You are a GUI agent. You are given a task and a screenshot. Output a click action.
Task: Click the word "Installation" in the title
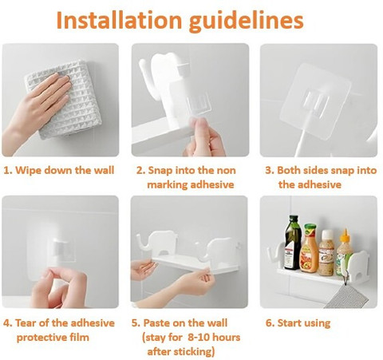tap(119, 20)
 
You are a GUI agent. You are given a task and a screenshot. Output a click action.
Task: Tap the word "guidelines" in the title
tap(246, 22)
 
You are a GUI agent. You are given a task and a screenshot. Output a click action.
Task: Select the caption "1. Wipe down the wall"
tap(59, 170)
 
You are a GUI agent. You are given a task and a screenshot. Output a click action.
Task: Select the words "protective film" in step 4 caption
tap(53, 338)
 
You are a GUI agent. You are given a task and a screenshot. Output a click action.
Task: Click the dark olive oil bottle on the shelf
tap(293, 243)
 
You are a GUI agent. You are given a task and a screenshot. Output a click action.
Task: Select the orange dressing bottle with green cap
tap(310, 248)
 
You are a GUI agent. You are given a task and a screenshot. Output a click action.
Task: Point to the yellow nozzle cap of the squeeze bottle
tap(345, 235)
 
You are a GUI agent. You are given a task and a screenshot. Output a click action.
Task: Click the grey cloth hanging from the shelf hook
tap(347, 296)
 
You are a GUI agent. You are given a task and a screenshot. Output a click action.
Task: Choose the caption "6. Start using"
tap(298, 323)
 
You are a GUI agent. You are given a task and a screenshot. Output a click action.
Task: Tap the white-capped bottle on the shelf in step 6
tap(327, 253)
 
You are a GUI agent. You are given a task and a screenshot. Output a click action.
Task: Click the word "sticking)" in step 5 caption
tap(181, 352)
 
